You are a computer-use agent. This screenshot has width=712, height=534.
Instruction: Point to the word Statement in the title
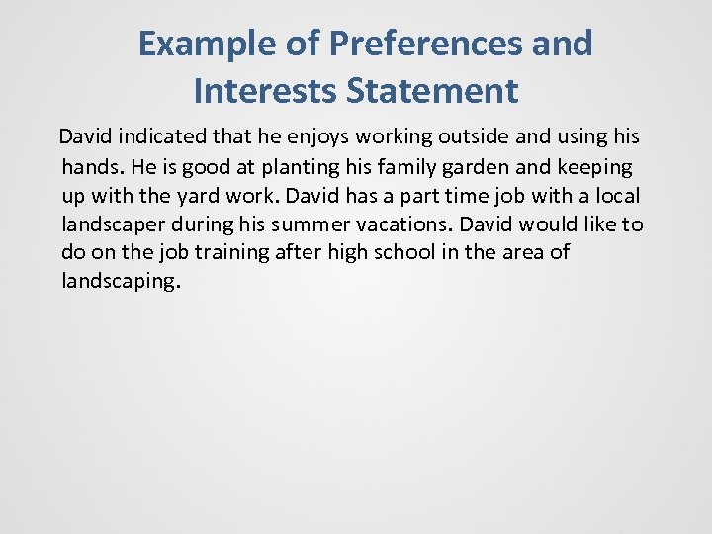[x=432, y=91]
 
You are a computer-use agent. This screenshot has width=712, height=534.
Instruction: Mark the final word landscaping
[x=120, y=281]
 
